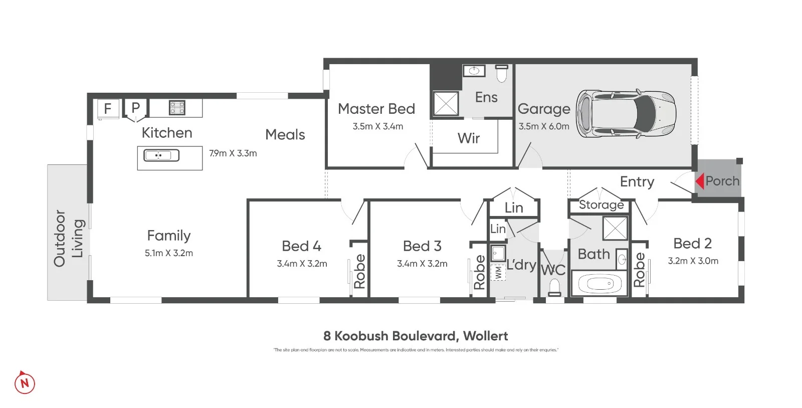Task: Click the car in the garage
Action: (626, 114)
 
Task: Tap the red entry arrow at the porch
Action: (699, 181)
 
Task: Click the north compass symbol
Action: (25, 383)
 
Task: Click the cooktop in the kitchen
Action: (176, 107)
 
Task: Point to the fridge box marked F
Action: (107, 108)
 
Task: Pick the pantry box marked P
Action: (135, 108)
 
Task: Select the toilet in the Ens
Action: (502, 73)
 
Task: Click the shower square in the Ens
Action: (445, 103)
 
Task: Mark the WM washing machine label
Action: (498, 273)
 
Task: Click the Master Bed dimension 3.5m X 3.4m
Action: (377, 126)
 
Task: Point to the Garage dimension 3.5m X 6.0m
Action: (544, 126)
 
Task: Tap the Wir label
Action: (468, 138)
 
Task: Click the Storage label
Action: (601, 205)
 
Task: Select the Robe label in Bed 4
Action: (359, 271)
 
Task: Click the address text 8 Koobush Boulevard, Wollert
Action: (416, 336)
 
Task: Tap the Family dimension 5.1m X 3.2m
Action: (168, 253)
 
